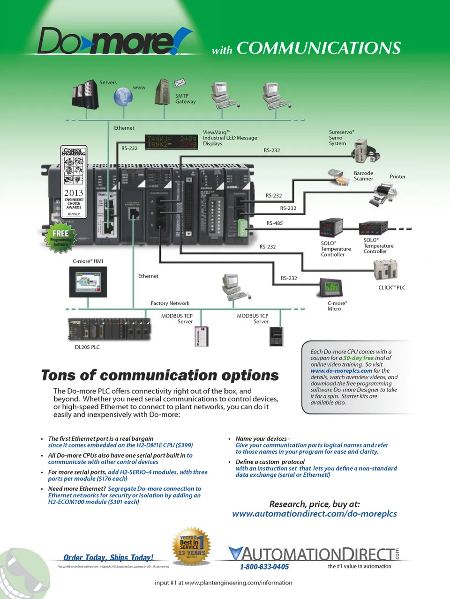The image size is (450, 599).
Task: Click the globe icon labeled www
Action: (123, 97)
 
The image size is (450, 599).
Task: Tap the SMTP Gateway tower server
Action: (162, 92)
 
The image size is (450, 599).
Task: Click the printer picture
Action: (383, 194)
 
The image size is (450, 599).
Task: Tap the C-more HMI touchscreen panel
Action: (88, 281)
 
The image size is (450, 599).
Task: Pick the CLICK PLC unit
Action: (386, 271)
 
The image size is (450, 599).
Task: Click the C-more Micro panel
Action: (331, 288)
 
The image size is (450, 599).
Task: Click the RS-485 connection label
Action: (275, 223)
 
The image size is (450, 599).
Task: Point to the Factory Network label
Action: (170, 303)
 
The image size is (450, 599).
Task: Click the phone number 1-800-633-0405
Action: (264, 567)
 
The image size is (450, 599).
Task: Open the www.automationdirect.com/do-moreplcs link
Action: (314, 514)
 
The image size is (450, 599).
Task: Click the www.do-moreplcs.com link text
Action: (341, 370)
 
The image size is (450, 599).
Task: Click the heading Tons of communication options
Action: (160, 376)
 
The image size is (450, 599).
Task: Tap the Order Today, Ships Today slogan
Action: (108, 557)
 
